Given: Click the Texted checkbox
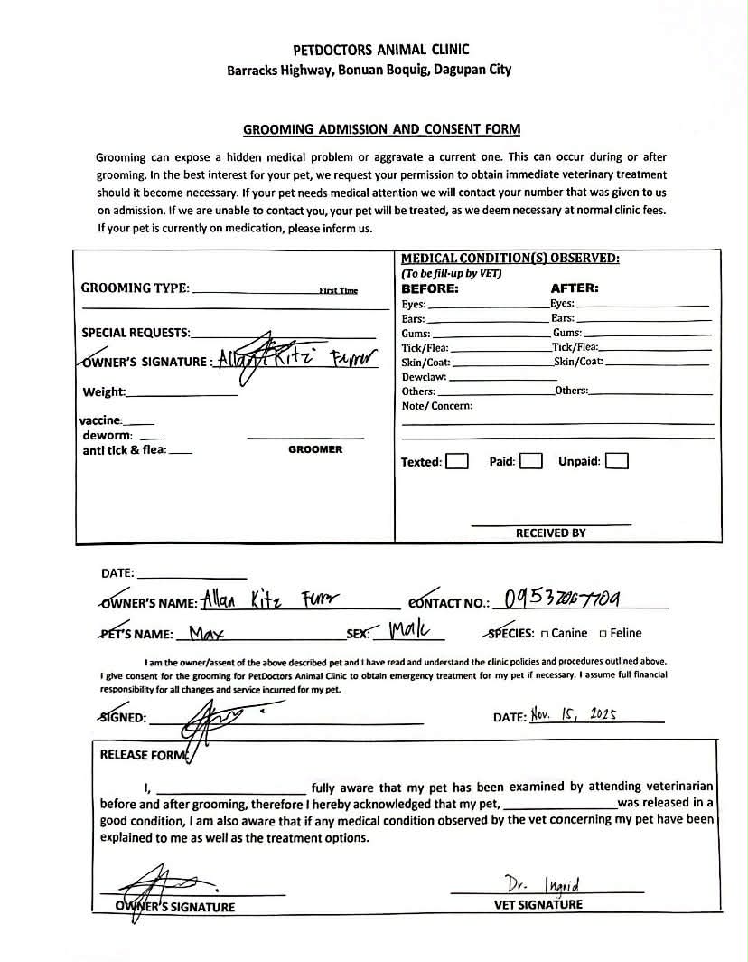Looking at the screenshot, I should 458,461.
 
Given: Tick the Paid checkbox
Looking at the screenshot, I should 531,461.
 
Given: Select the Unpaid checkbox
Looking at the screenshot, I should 617,461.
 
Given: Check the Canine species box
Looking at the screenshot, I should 545,634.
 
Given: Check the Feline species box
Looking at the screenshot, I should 603,634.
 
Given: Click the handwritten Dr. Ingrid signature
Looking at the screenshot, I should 543,883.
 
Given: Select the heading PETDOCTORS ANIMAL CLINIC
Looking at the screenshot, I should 381,50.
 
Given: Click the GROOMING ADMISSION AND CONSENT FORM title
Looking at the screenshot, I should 381,129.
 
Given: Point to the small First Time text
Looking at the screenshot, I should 338,291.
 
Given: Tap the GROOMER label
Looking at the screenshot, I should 315,449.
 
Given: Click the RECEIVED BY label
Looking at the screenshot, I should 550,533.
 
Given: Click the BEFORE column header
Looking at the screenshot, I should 430,289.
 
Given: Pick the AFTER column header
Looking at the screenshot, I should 575,289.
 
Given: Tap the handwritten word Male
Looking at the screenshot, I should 409,630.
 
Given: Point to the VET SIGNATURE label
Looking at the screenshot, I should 538,904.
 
